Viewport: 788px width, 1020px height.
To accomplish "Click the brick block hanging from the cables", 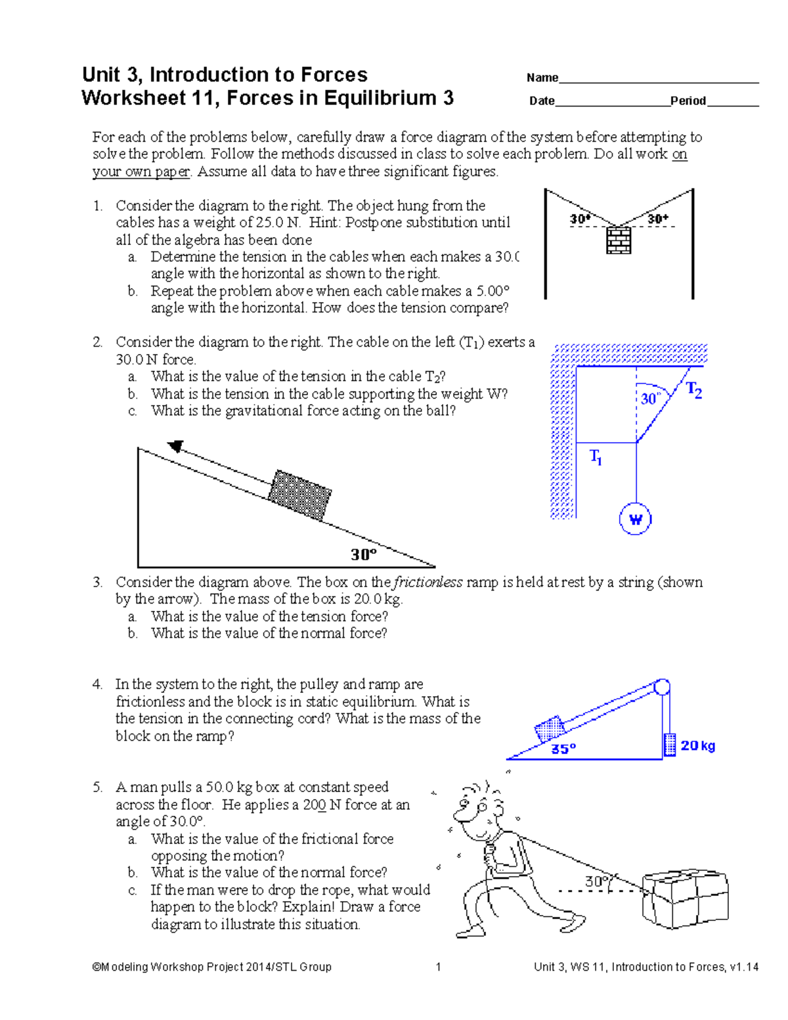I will click(x=618, y=240).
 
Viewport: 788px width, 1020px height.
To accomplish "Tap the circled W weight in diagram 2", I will click(x=635, y=520).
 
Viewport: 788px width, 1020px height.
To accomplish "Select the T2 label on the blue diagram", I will click(x=694, y=391).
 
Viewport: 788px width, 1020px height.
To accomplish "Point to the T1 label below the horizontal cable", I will click(x=596, y=456).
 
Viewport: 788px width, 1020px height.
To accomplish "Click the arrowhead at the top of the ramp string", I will click(x=175, y=447).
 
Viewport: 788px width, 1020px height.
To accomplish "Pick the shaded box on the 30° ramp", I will click(x=301, y=495).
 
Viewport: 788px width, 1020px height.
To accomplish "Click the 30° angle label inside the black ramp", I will click(x=363, y=555).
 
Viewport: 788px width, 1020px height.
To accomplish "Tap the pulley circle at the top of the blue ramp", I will click(x=661, y=687).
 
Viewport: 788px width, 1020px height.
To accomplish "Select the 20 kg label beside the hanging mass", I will click(x=697, y=745).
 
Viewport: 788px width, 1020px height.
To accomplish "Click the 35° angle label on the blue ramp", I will click(x=563, y=749).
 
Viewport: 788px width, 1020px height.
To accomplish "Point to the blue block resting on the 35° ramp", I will click(x=550, y=729).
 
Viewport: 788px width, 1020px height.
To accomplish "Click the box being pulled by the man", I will click(x=685, y=899).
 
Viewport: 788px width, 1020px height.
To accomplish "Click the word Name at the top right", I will click(x=542, y=78).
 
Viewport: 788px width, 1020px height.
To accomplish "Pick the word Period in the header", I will click(x=688, y=101).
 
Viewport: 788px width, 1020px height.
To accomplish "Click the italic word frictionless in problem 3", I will click(x=427, y=583).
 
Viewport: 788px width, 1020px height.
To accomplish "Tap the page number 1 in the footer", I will click(x=438, y=967).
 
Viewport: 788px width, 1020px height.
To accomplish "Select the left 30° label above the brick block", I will click(x=580, y=219).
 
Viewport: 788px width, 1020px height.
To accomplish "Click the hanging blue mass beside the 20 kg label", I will click(x=670, y=745).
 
